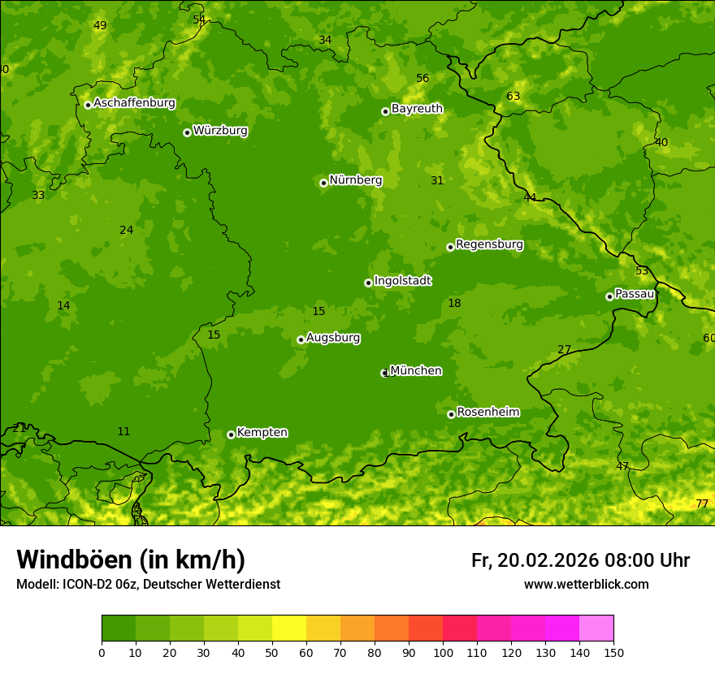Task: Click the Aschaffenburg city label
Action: tap(134, 103)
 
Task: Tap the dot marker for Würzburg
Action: tap(187, 132)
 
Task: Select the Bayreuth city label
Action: tap(417, 109)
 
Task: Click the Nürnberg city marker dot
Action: tap(323, 183)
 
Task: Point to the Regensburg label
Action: tap(489, 244)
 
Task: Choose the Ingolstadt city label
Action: tap(402, 281)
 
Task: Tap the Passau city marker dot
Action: tap(609, 296)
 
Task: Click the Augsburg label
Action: tap(333, 338)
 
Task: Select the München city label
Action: tap(416, 371)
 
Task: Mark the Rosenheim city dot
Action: tap(451, 414)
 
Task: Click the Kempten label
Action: tap(262, 433)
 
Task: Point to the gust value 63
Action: tap(513, 97)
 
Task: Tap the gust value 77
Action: tap(702, 504)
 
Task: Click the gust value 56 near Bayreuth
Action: tap(422, 79)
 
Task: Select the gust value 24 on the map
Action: tap(126, 231)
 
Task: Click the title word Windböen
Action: tap(74, 560)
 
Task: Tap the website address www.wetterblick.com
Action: tap(586, 585)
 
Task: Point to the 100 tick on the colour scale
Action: tap(443, 652)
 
